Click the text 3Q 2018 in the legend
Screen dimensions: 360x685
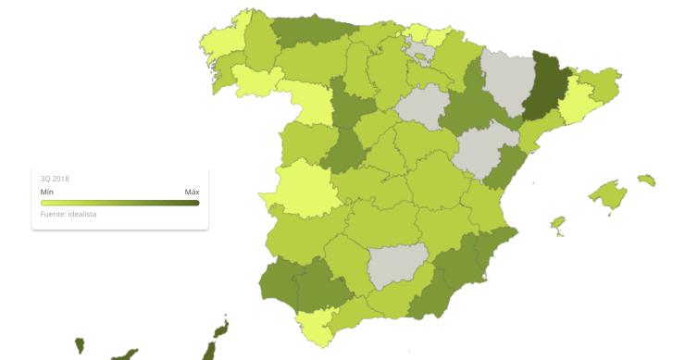[x=55, y=178]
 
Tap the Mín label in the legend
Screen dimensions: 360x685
[x=46, y=192]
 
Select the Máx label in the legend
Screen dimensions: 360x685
[x=192, y=192]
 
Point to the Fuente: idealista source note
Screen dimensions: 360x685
[x=68, y=214]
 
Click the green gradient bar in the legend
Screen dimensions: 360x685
[x=119, y=203]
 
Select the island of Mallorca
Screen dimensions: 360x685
[x=608, y=195]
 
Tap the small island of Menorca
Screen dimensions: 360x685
[x=646, y=180]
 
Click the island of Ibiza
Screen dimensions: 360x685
[x=557, y=224]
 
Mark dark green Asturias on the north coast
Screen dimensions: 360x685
[x=305, y=30]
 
